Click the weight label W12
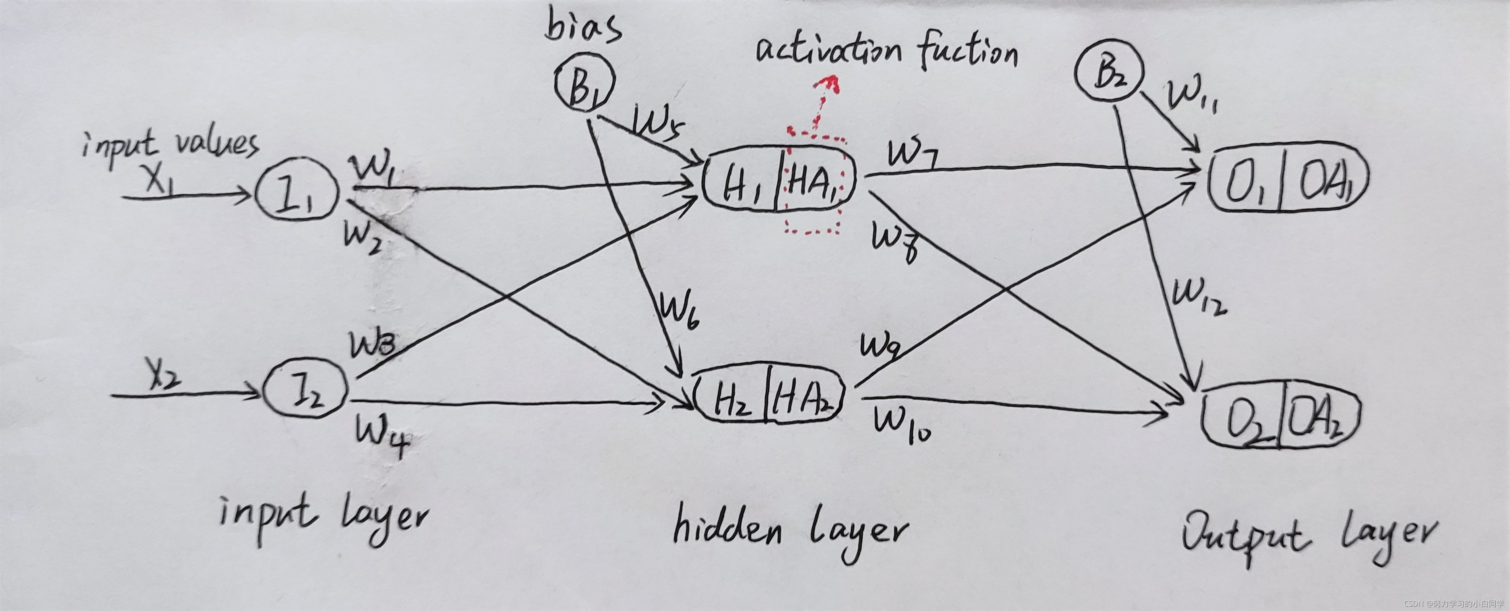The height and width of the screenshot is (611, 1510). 1199,299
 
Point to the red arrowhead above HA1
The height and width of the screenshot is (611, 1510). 829,85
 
